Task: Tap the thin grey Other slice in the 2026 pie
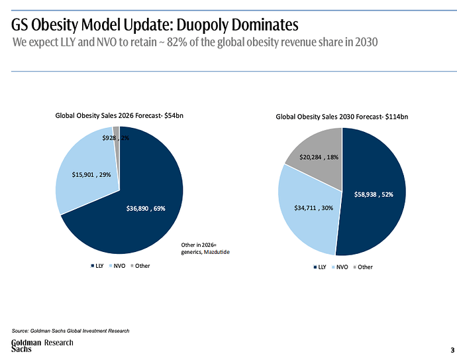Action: (x=117, y=131)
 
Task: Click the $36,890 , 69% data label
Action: (x=146, y=208)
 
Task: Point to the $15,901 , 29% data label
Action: (x=91, y=174)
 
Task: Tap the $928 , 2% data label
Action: (x=116, y=138)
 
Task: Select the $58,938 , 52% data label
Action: (x=374, y=194)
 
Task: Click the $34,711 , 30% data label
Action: (x=313, y=208)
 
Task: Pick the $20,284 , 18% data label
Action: (x=319, y=157)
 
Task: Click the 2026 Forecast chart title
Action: (x=119, y=115)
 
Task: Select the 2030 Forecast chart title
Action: (x=342, y=117)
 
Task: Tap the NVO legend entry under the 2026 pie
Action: (x=117, y=266)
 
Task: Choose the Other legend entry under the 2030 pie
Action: (x=363, y=267)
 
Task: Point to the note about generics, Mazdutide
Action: (x=205, y=248)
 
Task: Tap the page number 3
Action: (x=452, y=350)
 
